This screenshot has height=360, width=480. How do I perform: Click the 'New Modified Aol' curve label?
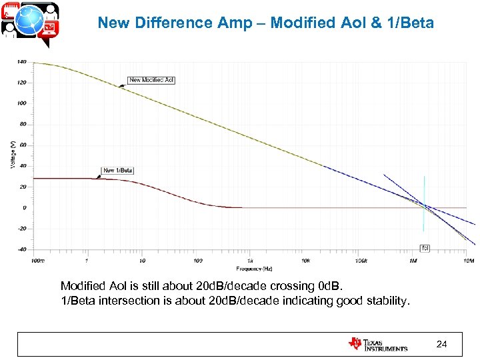click(151, 80)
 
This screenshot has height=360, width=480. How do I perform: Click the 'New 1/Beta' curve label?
click(118, 171)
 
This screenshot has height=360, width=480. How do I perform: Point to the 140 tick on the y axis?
click(21, 62)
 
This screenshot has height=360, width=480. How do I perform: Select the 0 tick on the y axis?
click(24, 208)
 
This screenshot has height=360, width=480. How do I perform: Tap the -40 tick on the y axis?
click(21, 249)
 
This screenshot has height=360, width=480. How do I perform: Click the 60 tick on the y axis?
click(23, 145)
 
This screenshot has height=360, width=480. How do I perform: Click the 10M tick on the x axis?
click(468, 260)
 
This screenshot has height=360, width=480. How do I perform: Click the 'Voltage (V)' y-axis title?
click(12, 155)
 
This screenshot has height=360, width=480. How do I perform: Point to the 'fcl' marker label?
click(425, 248)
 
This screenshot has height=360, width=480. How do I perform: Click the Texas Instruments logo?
click(377, 344)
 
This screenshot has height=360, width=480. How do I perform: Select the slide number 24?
click(441, 344)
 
